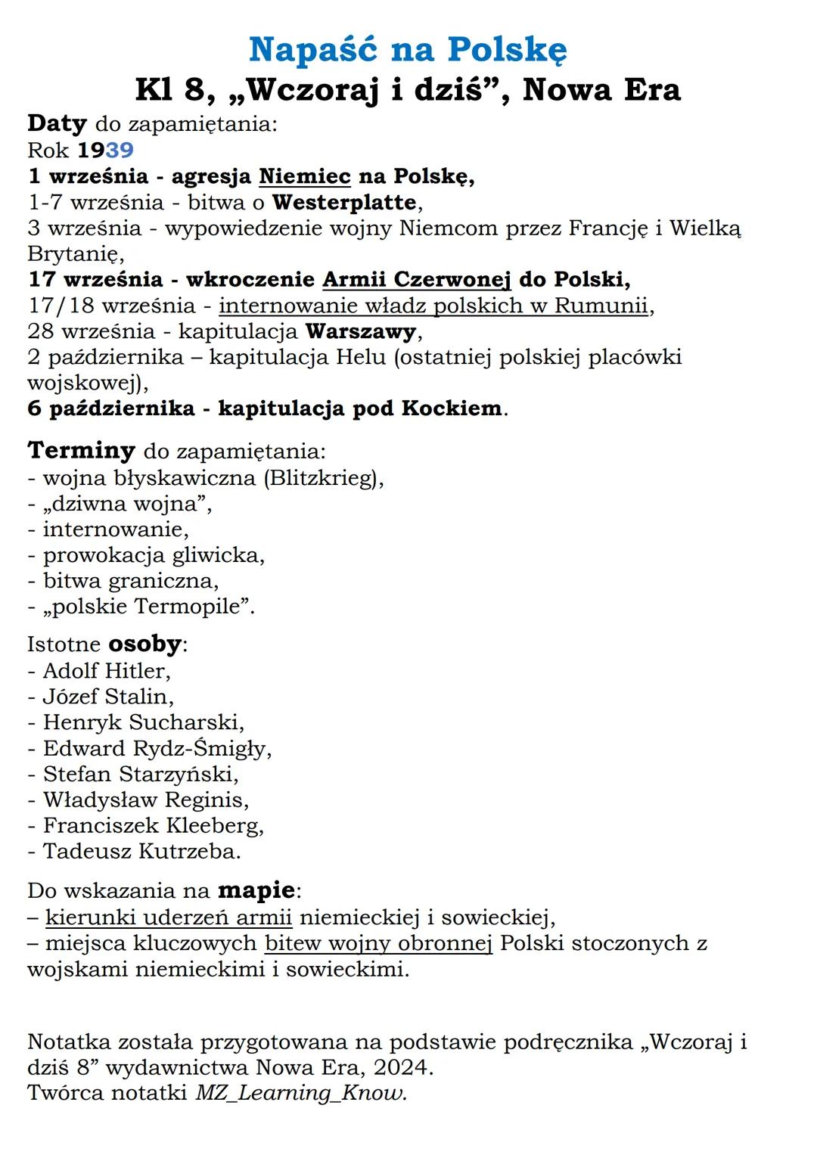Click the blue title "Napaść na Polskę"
tap(408, 50)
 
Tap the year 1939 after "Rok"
tap(105, 150)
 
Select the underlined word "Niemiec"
tap(305, 176)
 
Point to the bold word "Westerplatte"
tap(344, 203)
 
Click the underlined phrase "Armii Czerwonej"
tap(417, 279)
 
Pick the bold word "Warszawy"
tap(361, 331)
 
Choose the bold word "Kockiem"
tap(452, 408)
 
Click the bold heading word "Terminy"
tap(81, 451)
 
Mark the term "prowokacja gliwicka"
tap(154, 555)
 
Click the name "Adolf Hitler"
tap(106, 671)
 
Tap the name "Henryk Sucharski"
tap(143, 722)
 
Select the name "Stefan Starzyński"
tap(140, 774)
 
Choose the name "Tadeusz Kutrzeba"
tap(141, 851)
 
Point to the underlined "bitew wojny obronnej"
tap(378, 943)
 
